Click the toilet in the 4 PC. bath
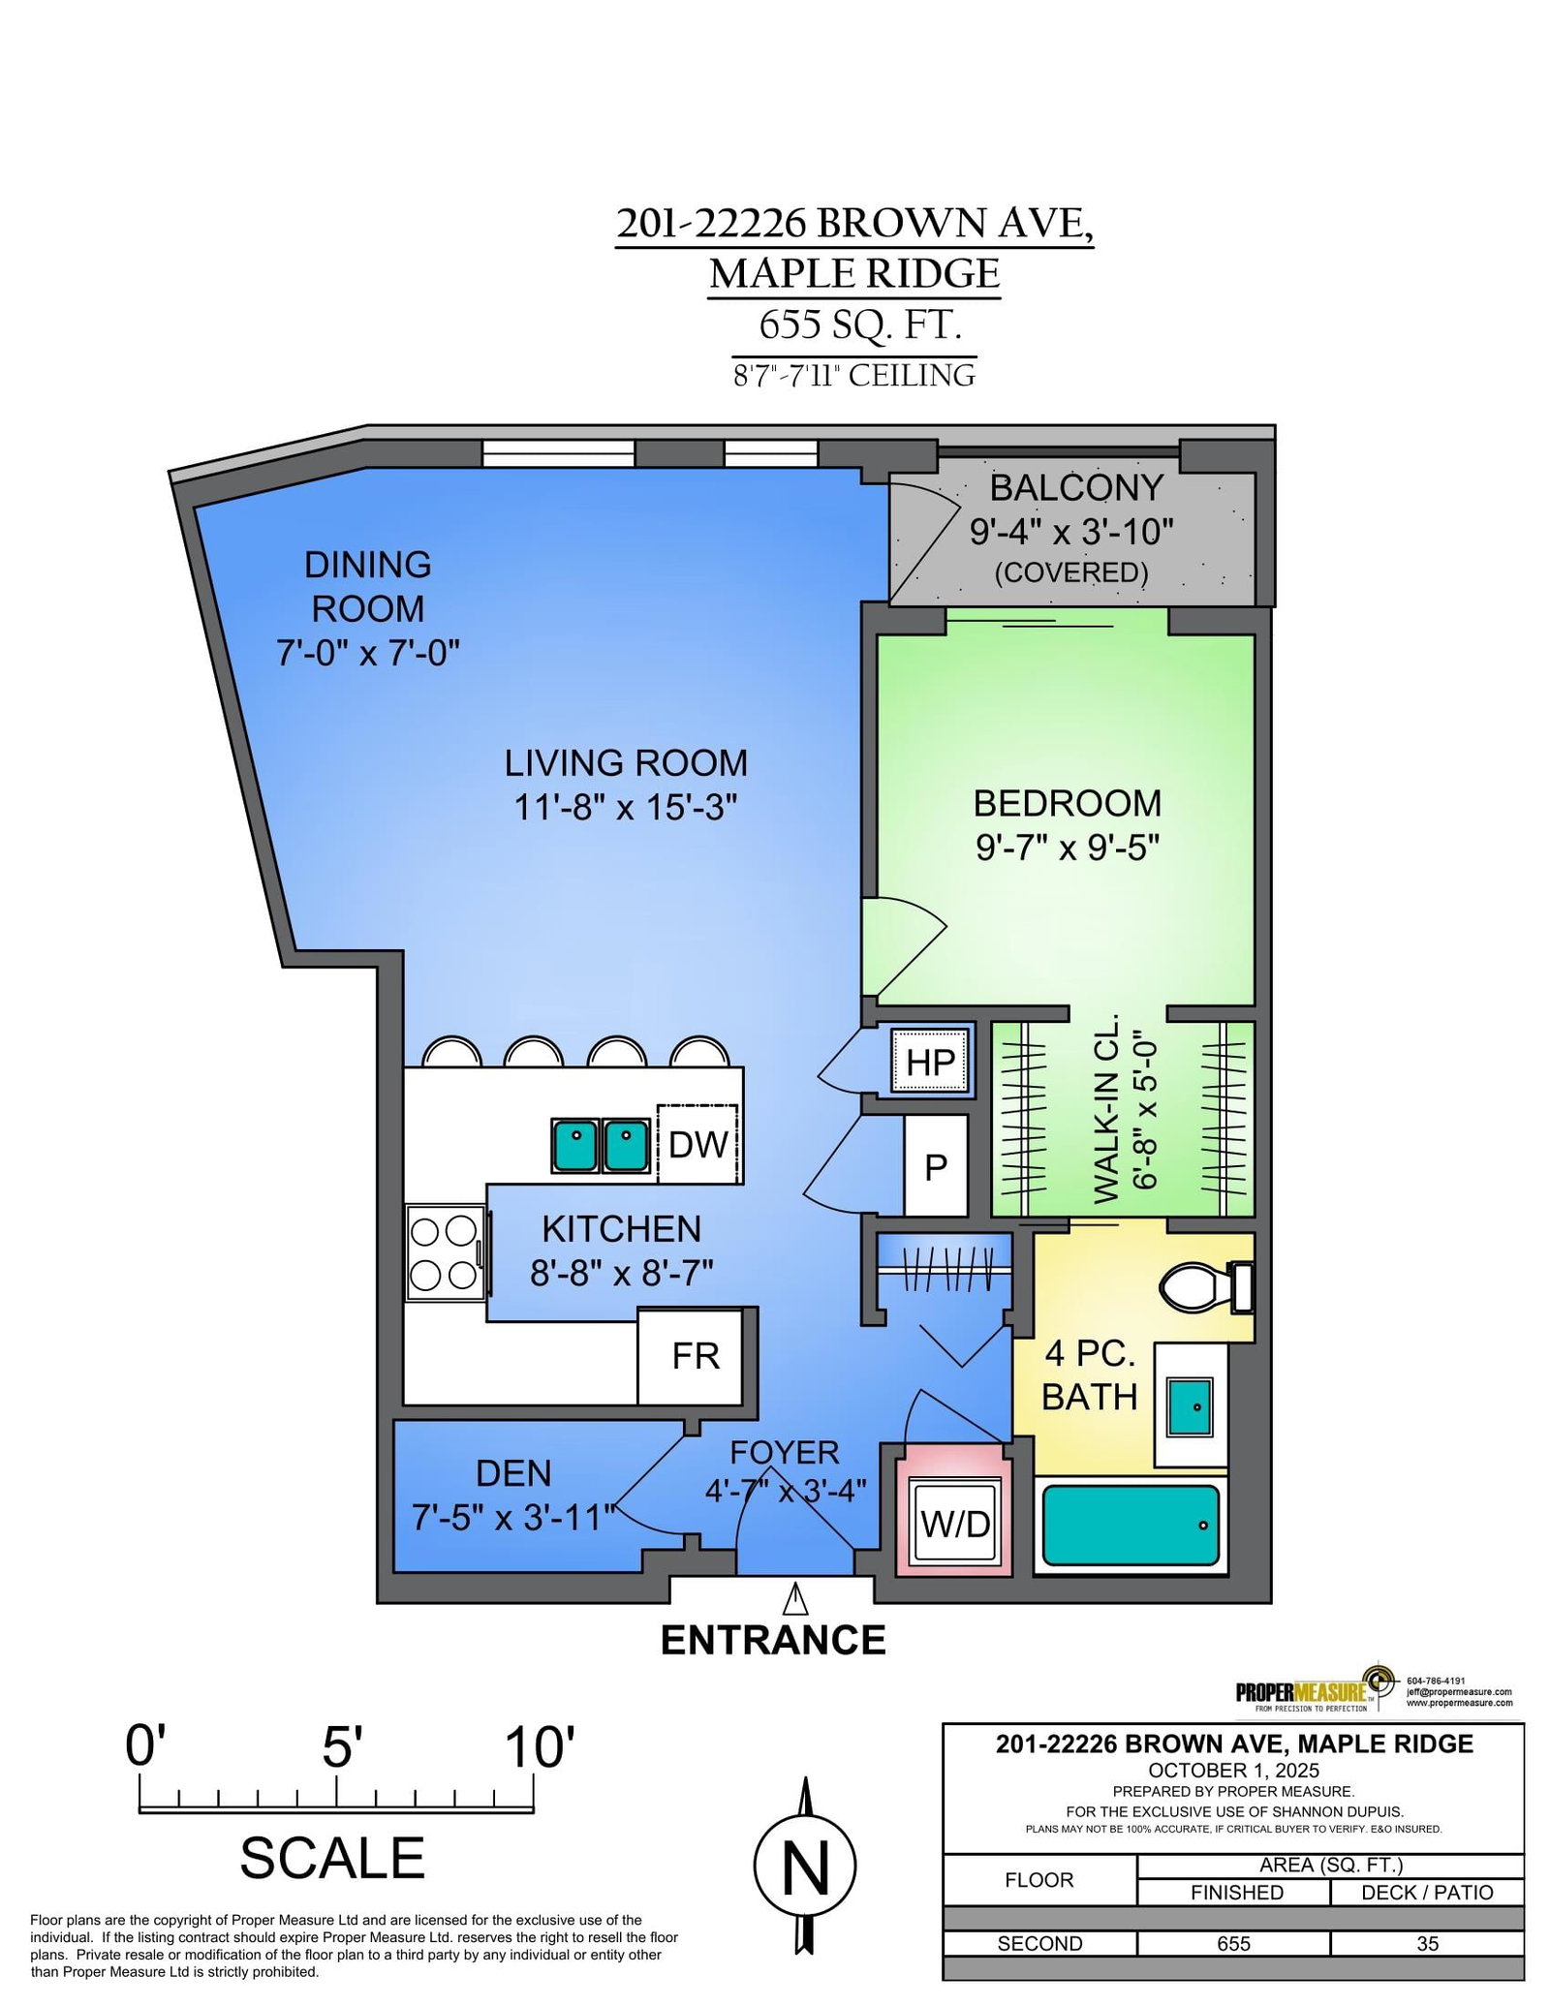click(x=1206, y=1286)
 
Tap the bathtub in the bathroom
click(x=1130, y=1525)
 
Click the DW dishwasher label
click(x=697, y=1144)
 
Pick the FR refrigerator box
click(x=696, y=1356)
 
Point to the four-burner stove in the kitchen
click(x=446, y=1253)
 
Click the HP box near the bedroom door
click(x=931, y=1063)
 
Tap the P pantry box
click(x=936, y=1167)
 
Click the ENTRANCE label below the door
click(x=773, y=1641)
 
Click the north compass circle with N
click(x=804, y=1866)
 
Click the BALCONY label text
click(x=1075, y=488)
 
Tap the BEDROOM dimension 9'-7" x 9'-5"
click(x=1068, y=848)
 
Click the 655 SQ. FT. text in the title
click(x=860, y=324)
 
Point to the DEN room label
click(x=513, y=1473)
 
